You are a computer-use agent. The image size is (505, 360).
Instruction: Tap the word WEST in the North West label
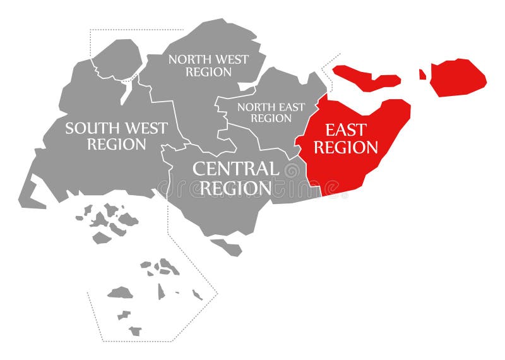232,59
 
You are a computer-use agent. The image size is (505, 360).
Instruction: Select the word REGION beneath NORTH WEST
208,72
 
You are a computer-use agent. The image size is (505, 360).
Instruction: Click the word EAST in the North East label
290,106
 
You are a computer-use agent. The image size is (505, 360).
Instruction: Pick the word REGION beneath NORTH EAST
271,118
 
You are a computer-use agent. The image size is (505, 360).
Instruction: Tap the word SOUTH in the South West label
93,128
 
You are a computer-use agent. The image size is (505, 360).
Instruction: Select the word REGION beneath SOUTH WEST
116,144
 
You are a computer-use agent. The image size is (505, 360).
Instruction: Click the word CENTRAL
235,169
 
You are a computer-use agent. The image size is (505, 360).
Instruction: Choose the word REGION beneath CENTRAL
232,188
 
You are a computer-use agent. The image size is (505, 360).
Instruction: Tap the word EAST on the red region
345,131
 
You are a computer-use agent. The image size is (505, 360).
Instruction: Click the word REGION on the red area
346,148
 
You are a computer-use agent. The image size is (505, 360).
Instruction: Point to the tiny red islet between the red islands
422,75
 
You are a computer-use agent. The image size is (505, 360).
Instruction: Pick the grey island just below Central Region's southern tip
228,247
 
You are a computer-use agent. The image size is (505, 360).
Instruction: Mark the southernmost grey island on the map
135,330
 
